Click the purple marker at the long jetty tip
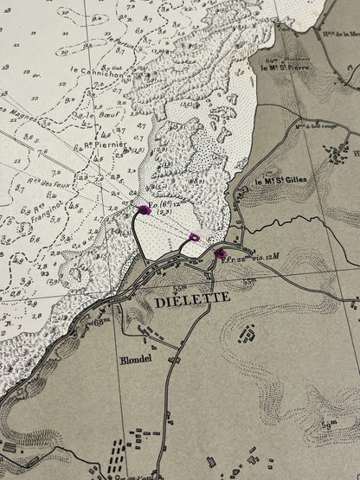(144, 209)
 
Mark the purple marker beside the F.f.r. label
(219, 254)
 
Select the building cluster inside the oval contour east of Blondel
(247, 332)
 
